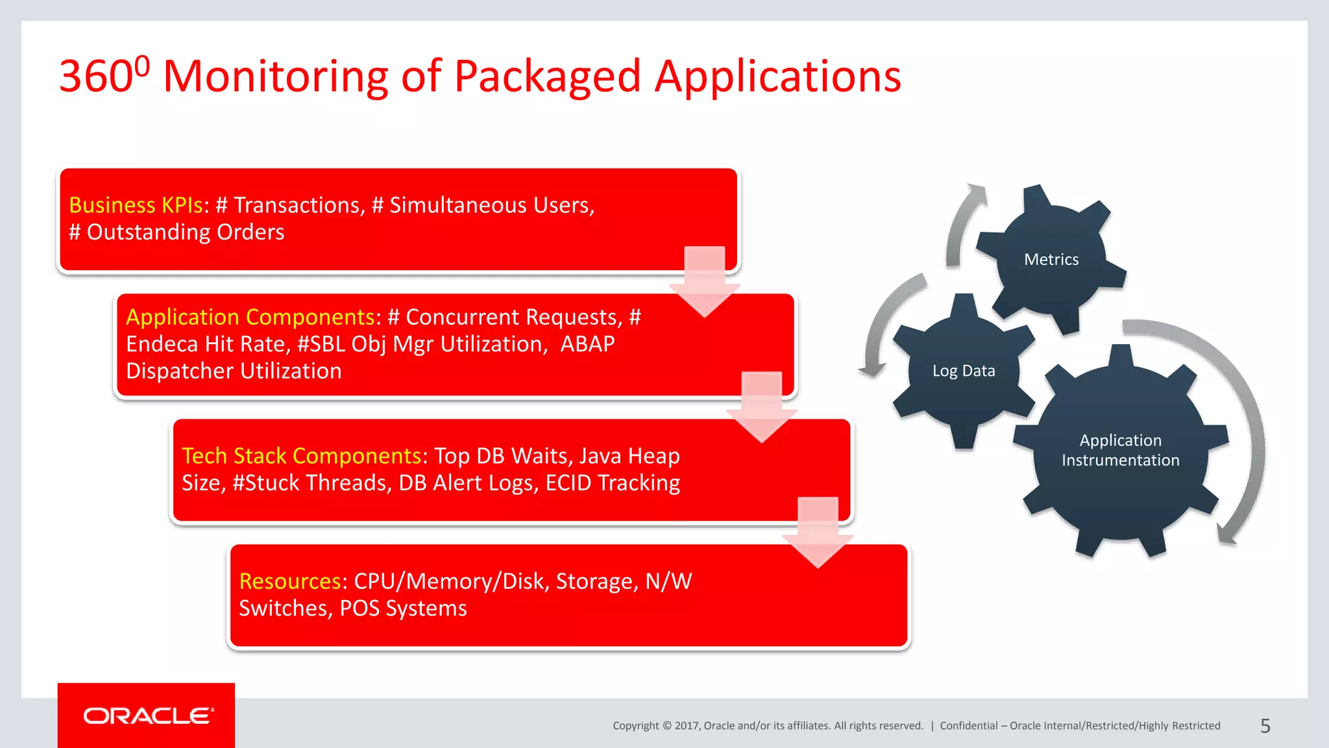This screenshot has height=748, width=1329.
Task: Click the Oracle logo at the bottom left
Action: pos(147,716)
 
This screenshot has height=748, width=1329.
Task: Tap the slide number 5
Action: pos(1265,726)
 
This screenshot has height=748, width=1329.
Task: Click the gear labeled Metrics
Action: pos(1051,259)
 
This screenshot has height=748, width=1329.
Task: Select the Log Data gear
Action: pos(964,371)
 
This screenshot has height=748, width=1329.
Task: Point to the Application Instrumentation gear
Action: pos(1121,450)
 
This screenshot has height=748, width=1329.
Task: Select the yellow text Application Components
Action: pos(250,317)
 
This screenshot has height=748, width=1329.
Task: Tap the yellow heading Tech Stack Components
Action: pos(302,456)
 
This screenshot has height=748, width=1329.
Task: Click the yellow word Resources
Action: pos(289,581)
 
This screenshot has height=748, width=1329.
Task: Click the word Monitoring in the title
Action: pos(276,77)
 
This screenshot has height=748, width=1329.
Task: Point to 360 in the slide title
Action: pos(97,77)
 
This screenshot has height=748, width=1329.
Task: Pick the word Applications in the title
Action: pos(777,77)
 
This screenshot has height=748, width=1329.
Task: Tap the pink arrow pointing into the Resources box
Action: pos(818,532)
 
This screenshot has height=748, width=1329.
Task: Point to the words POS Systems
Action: pos(403,608)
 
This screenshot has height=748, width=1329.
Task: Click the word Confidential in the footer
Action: pos(968,726)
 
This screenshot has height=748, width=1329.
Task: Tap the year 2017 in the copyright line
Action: pos(686,726)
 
